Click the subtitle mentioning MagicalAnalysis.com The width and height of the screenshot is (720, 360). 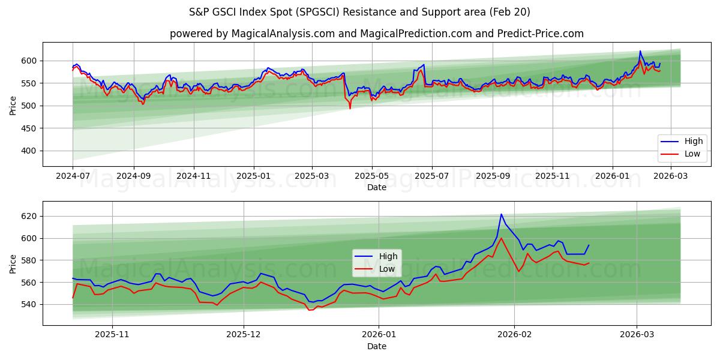[376, 34]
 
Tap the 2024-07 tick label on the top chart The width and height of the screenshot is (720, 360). [73, 176]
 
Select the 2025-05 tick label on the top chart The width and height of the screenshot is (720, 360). [372, 176]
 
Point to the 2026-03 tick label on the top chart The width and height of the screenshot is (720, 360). [670, 176]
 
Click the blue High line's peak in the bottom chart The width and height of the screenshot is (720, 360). [502, 214]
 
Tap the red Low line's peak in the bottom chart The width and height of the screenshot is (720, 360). [501, 238]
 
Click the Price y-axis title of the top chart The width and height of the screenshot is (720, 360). [13, 104]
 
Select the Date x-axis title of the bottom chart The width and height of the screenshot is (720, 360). [376, 346]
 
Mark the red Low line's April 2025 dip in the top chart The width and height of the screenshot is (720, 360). [350, 108]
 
